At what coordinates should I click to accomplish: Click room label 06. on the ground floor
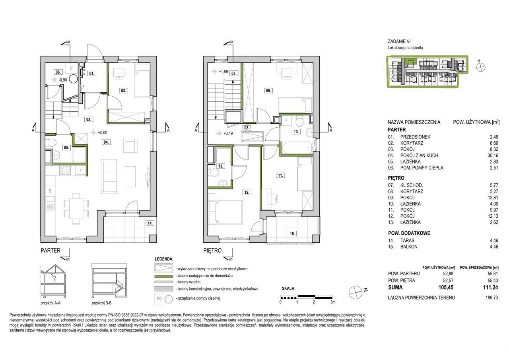tap(58, 72)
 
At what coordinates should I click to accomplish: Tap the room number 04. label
tap(106, 142)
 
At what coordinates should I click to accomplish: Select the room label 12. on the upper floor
tap(247, 193)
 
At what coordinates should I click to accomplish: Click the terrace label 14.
tap(150, 223)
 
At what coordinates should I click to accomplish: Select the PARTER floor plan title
tap(51, 251)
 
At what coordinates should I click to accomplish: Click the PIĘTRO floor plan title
tap(212, 251)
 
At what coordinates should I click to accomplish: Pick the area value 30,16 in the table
tap(492, 156)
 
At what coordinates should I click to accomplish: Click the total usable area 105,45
tap(446, 288)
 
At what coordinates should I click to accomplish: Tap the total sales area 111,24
tap(490, 288)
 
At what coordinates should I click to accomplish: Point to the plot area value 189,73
tap(492, 298)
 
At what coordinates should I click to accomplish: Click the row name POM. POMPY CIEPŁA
tap(422, 168)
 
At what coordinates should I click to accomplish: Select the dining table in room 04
tap(76, 208)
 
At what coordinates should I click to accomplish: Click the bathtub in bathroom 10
tap(297, 148)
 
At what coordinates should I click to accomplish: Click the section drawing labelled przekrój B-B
tap(109, 281)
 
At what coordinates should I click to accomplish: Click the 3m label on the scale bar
tap(333, 302)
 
